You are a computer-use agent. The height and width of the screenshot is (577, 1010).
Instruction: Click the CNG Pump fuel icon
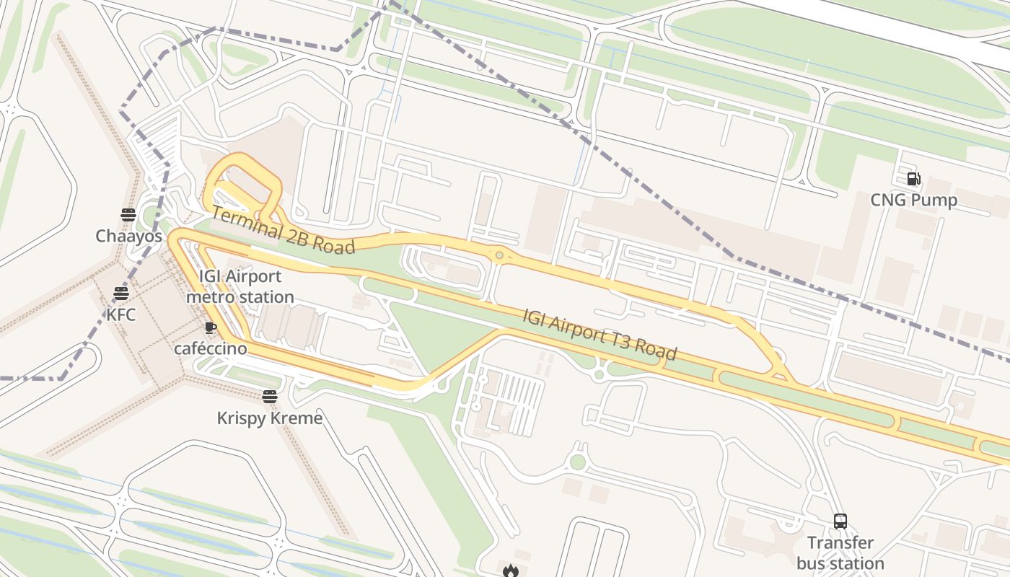(913, 179)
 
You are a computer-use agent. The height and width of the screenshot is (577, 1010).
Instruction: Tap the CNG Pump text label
(913, 200)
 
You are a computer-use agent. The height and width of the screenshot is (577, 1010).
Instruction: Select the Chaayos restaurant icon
(128, 214)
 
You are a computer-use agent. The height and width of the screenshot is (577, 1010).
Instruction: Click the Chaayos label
(128, 236)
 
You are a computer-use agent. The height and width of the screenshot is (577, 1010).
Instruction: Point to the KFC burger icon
(120, 294)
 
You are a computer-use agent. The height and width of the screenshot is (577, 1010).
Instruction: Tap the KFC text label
(120, 314)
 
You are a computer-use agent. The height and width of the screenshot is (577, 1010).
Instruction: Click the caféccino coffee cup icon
(210, 328)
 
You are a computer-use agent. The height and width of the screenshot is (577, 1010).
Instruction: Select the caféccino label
(210, 349)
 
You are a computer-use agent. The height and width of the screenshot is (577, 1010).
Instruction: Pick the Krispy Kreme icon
(270, 397)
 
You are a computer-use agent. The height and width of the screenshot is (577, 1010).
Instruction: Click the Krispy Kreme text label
(270, 418)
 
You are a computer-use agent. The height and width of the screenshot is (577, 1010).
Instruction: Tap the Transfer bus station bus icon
(840, 521)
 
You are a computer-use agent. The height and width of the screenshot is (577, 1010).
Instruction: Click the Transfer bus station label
(840, 552)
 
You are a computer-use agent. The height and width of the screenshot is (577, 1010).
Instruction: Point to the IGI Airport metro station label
(240, 286)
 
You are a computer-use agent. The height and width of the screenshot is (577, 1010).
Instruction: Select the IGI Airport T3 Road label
(600, 335)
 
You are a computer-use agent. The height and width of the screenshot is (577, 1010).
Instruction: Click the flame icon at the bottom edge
(511, 571)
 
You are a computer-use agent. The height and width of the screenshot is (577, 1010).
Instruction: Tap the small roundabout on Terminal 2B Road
(499, 255)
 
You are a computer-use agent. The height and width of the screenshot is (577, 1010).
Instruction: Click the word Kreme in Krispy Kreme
(296, 418)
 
